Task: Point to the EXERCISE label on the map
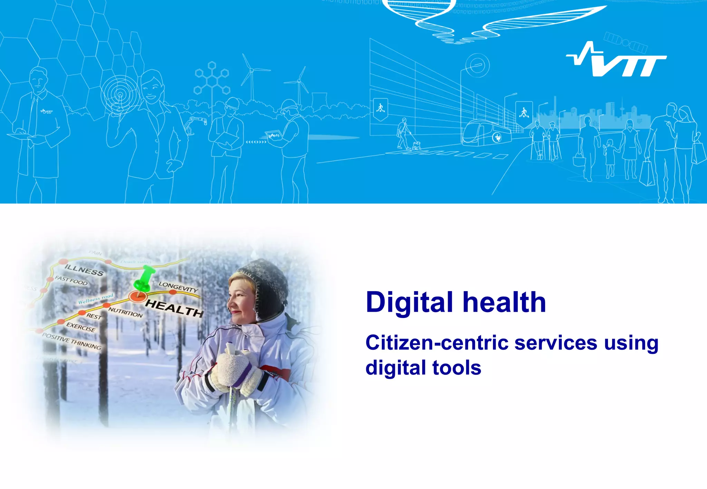pos(81,327)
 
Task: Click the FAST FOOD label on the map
pos(71,280)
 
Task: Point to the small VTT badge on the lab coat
pos(46,111)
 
